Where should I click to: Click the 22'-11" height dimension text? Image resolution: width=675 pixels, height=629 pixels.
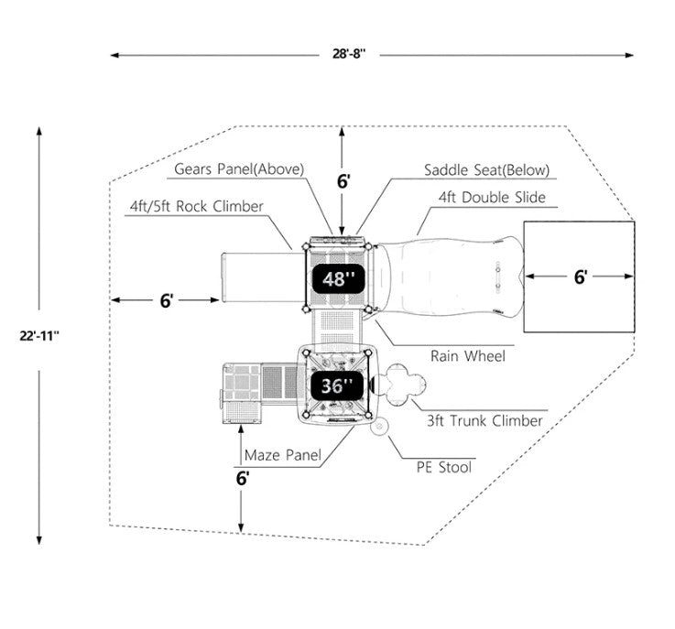[38, 334]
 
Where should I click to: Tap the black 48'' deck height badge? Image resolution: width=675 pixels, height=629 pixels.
[337, 279]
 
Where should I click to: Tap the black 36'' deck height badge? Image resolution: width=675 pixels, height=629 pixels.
[337, 385]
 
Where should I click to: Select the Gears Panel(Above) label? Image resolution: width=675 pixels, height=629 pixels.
[239, 169]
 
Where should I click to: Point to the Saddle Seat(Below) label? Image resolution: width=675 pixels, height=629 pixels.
[486, 169]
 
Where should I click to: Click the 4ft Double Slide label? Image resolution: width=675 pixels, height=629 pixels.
[492, 197]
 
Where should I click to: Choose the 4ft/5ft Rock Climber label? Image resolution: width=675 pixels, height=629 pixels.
[197, 206]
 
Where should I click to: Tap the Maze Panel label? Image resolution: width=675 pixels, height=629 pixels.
[283, 455]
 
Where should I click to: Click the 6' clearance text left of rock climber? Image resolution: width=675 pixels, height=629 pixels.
[166, 300]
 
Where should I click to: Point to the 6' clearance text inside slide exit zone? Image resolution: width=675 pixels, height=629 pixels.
[580, 277]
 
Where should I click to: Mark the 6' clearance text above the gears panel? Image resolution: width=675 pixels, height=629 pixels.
[343, 180]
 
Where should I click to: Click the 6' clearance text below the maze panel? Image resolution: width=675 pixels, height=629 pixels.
[243, 478]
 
